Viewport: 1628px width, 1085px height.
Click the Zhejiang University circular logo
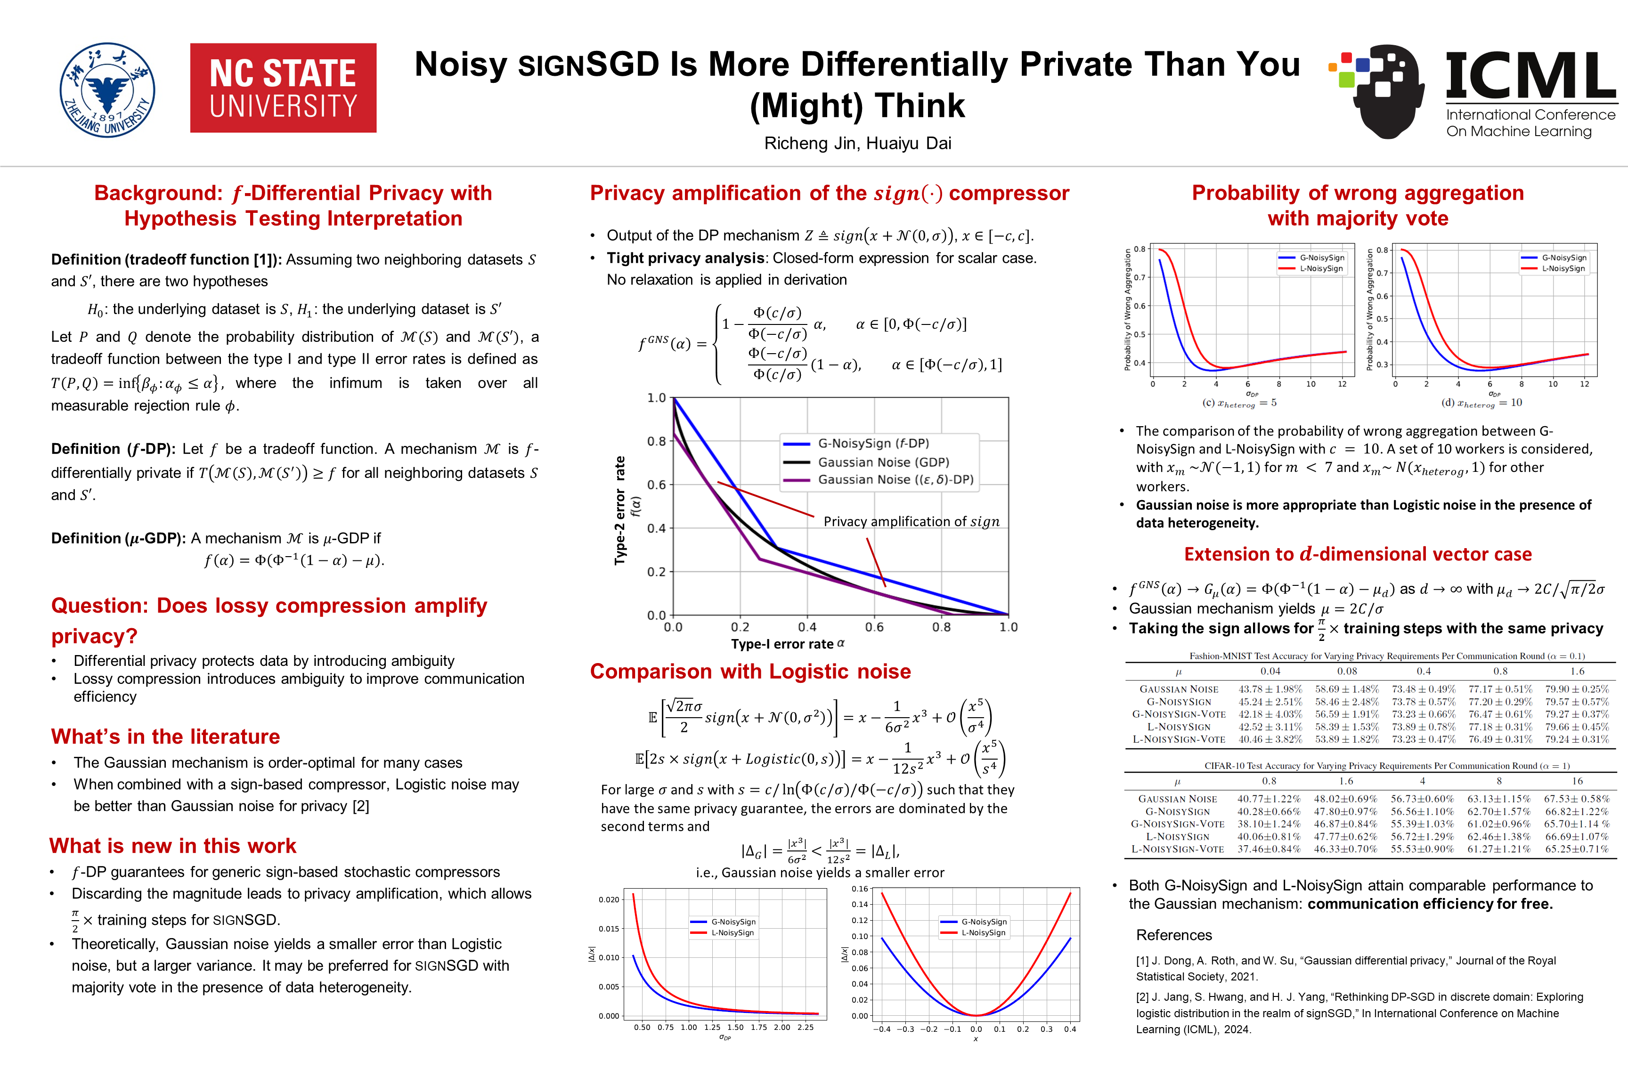pos(107,89)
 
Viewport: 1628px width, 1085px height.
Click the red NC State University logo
pos(283,88)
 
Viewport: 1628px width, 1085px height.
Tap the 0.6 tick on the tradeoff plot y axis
pos(656,485)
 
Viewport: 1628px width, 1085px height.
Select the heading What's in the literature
pos(165,736)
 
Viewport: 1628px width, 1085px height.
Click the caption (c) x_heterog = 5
pos(1239,403)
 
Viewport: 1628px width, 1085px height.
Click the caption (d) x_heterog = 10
pos(1481,403)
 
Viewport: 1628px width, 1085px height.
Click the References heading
pos(1174,935)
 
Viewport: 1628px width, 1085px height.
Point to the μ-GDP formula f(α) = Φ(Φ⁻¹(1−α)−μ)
pos(293,560)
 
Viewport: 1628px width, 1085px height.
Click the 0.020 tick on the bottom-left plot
pos(609,899)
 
